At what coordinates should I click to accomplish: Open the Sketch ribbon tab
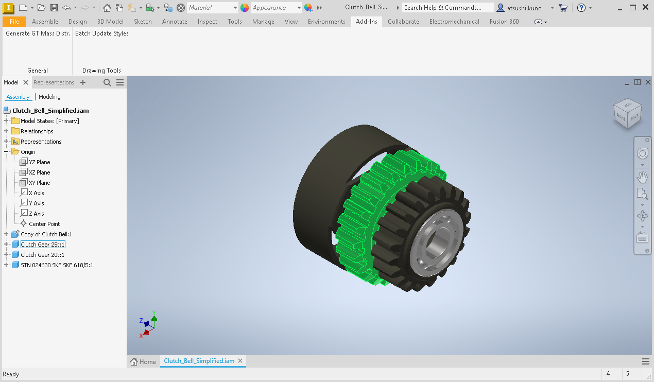coord(143,22)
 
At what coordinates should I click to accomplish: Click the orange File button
coord(14,22)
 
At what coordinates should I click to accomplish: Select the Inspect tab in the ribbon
coord(207,22)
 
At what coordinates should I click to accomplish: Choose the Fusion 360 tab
coord(504,22)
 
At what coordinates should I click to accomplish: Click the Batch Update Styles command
coord(102,33)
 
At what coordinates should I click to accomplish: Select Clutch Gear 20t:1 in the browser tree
coord(42,255)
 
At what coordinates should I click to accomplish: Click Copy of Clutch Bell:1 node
coord(46,234)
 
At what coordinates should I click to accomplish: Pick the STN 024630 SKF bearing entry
coord(57,265)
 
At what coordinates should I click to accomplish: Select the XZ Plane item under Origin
coord(39,172)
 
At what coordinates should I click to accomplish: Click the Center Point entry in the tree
coord(44,224)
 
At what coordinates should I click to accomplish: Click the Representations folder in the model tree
coord(41,142)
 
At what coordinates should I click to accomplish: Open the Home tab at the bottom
coord(143,361)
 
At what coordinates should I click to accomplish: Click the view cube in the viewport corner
coord(627,113)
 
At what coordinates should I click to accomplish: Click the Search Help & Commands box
coord(442,8)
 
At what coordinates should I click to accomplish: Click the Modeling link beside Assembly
coord(49,97)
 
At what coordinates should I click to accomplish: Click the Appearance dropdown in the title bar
coord(276,8)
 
